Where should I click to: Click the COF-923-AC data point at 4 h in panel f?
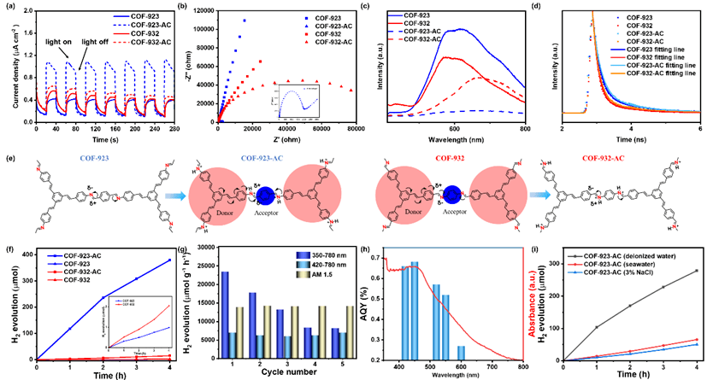pyautogui.click(x=171, y=260)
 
